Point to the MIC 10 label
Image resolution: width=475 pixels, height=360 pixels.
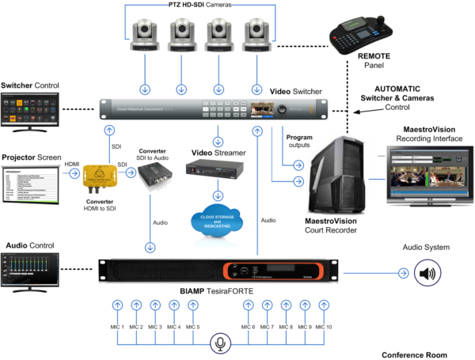point(324,327)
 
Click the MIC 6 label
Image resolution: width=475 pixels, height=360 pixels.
point(248,327)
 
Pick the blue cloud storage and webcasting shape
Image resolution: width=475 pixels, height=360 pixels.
point(212,222)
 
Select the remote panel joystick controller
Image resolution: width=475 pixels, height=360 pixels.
point(360,36)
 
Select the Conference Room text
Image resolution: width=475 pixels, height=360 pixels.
point(413,353)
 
